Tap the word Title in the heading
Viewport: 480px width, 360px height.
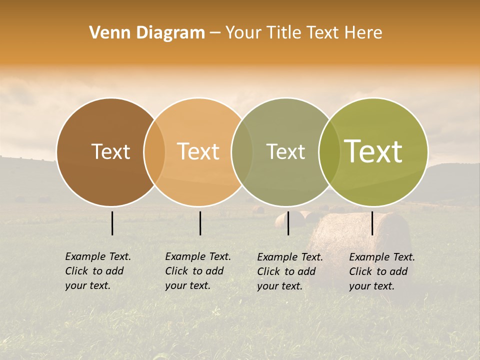(283, 33)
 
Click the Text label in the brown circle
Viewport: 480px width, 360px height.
(110, 151)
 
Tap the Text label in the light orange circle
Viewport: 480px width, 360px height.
(198, 151)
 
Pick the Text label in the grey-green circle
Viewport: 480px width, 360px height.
(285, 151)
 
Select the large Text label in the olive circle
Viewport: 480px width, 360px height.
(373, 151)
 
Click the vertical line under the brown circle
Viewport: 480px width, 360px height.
(112, 223)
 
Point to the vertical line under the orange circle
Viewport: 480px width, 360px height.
(200, 223)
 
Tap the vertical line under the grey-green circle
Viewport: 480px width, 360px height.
(288, 223)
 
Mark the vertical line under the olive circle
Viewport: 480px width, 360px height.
(372, 223)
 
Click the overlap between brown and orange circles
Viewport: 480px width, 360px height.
(154, 152)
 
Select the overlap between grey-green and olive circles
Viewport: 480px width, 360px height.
(329, 152)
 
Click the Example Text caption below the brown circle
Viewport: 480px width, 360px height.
(98, 271)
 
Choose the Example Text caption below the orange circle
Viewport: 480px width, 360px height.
(198, 271)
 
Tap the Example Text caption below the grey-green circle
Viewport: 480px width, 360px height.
(290, 271)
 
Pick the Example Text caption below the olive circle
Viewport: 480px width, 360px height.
(382, 271)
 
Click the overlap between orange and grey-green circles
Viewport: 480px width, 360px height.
(242, 152)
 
